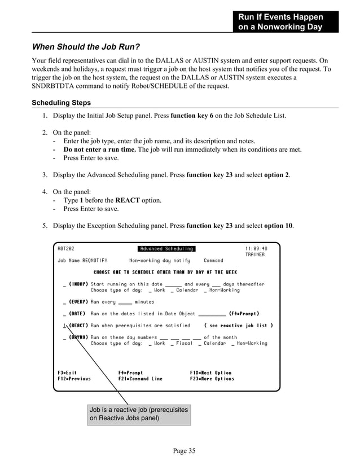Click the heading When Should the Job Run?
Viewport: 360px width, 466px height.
tap(86, 46)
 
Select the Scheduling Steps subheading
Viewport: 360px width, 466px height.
tap(61, 103)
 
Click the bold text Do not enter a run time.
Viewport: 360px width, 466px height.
tap(100, 150)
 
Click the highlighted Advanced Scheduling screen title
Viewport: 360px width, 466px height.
tap(166, 249)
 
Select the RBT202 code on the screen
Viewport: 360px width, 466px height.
tap(66, 249)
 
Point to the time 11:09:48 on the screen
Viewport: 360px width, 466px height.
tap(256, 249)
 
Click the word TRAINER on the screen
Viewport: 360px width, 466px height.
tap(254, 254)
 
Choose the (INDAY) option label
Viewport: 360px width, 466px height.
tap(78, 284)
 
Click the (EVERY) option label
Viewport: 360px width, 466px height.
tap(78, 302)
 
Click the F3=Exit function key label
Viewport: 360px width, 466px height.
tap(67, 373)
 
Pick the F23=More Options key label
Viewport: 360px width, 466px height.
tap(212, 379)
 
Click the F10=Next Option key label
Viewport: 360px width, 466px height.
tap(210, 373)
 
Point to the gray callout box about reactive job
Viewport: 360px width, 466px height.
tap(139, 414)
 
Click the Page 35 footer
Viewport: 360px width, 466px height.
tap(184, 450)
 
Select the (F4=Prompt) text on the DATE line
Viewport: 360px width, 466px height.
tap(244, 314)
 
